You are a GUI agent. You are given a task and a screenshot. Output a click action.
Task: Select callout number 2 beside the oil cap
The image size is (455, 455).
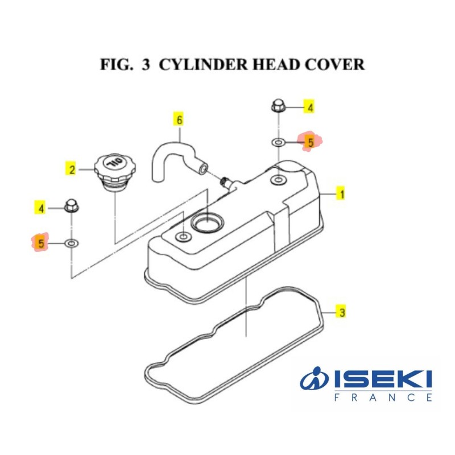click(72, 169)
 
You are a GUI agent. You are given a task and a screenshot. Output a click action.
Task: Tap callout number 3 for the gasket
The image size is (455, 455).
click(341, 312)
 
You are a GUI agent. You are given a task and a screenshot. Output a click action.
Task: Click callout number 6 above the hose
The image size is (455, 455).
click(180, 120)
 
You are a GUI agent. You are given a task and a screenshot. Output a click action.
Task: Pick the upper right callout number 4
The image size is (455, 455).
click(311, 107)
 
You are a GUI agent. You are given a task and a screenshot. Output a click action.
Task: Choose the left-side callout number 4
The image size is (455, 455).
click(41, 209)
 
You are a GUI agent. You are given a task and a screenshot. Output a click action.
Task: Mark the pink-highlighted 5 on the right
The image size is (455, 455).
click(310, 142)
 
